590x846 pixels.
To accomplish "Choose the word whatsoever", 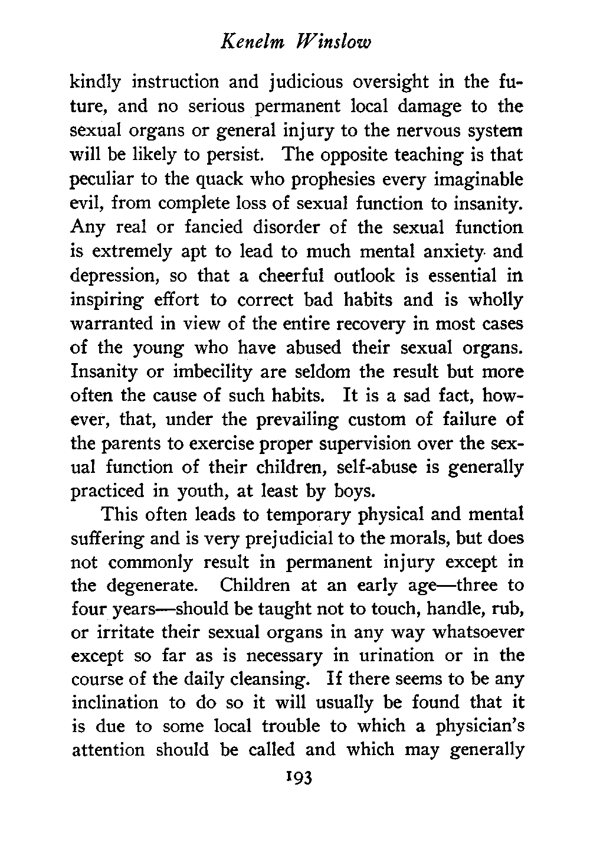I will [474, 634].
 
